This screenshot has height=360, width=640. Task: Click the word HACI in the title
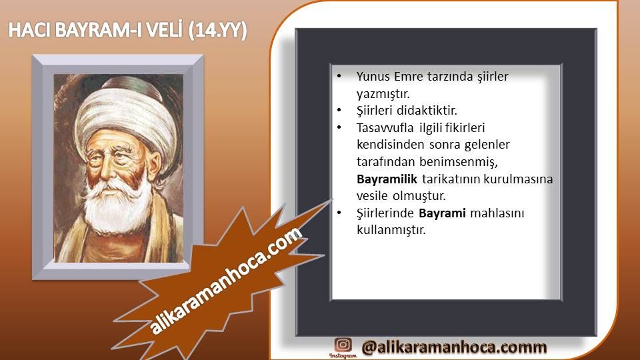point(29,30)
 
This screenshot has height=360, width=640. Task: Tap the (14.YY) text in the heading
point(217,31)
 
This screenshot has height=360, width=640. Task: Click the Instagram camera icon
point(343,345)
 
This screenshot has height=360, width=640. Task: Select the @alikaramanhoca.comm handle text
point(454,347)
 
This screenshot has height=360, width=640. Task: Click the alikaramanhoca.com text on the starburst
point(226,281)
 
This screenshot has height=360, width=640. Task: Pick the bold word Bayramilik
point(387,179)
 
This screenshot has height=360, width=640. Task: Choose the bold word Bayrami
point(442,213)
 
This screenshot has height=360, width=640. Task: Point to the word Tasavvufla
point(385,128)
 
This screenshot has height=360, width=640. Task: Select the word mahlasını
point(497,213)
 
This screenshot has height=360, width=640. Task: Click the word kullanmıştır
point(391,230)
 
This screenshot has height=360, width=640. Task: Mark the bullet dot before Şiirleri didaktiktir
point(339,110)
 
